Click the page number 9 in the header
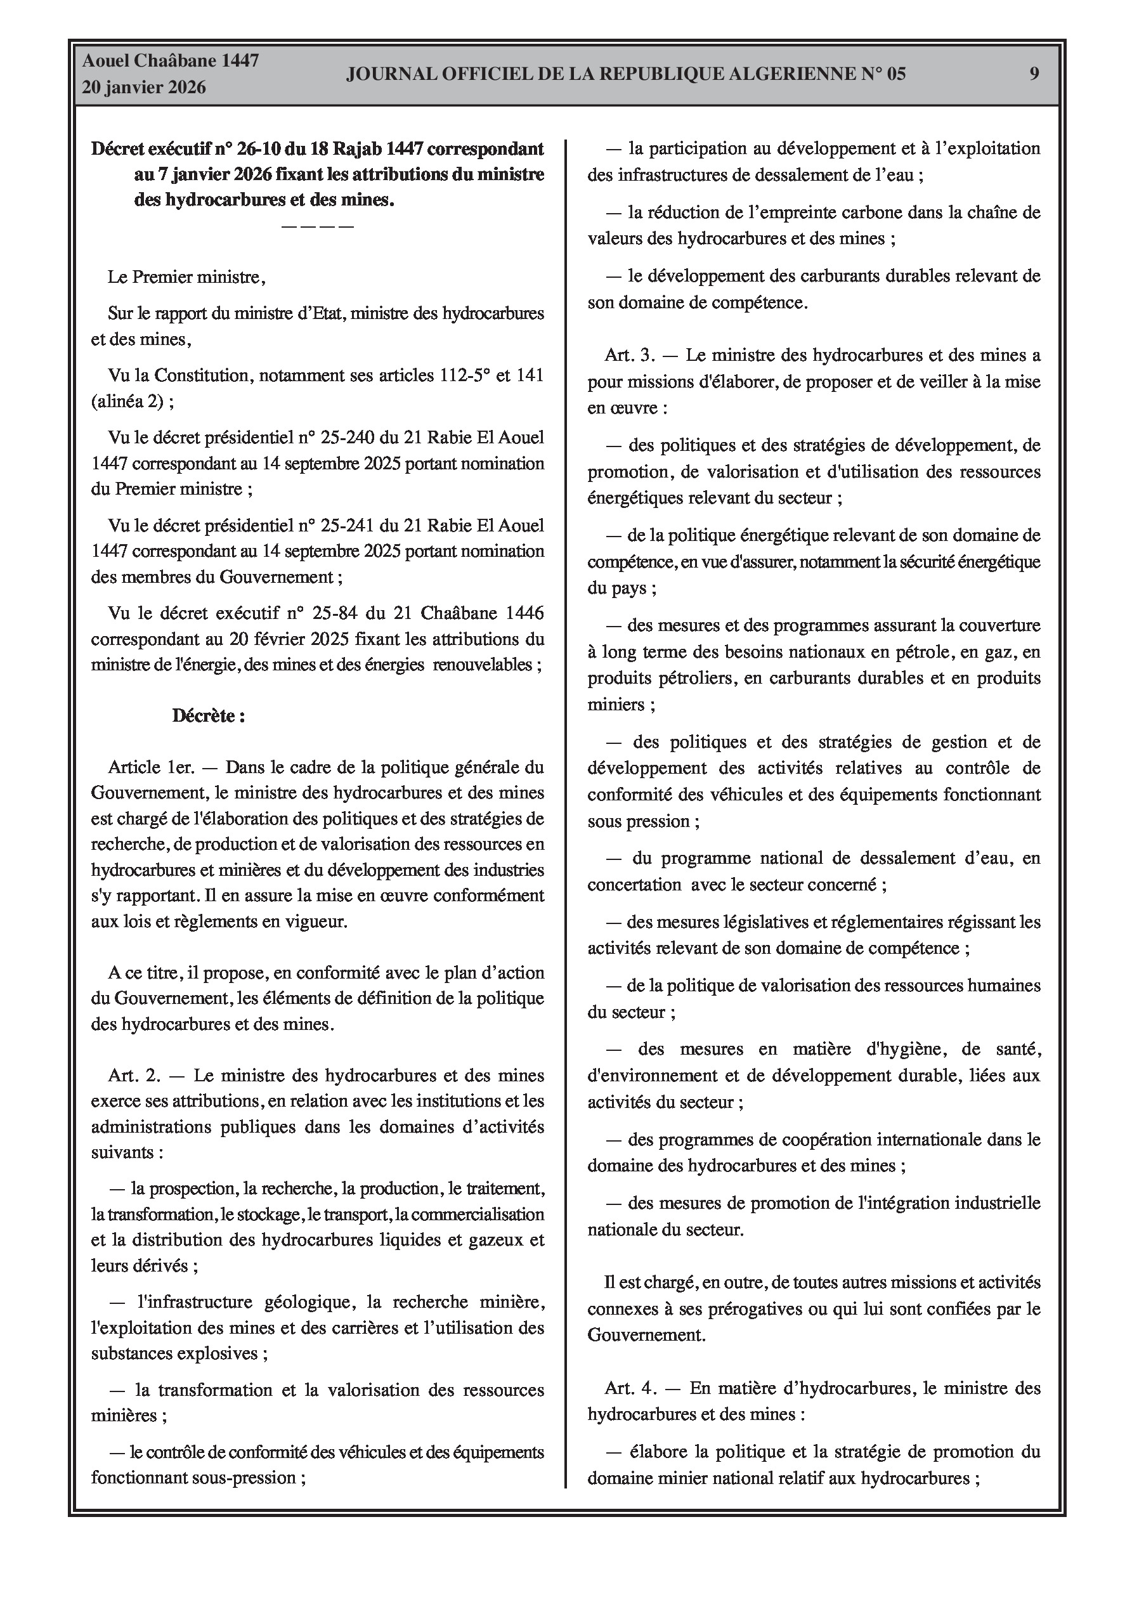point(1034,74)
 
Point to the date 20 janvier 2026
point(144,88)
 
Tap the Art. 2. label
point(134,1075)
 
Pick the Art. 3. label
point(630,355)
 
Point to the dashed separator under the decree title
point(318,226)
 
